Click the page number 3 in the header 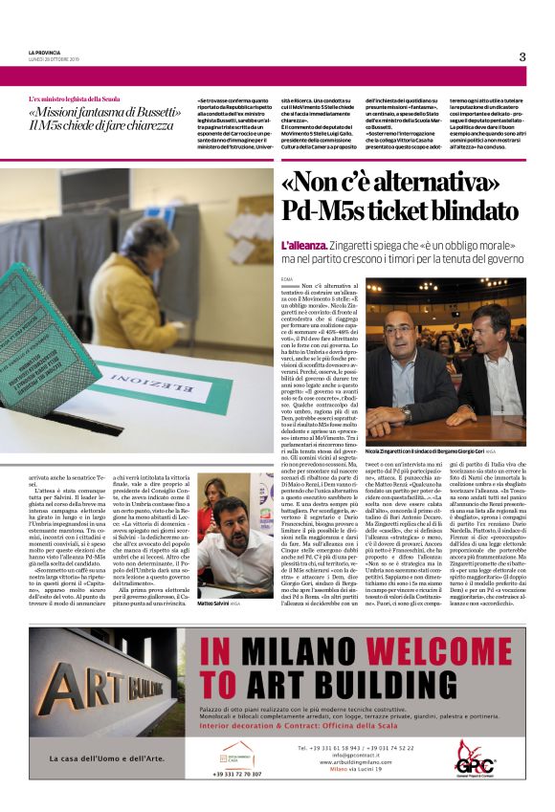[522, 56]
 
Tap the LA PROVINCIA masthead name [45, 52]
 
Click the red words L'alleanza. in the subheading [302, 246]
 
